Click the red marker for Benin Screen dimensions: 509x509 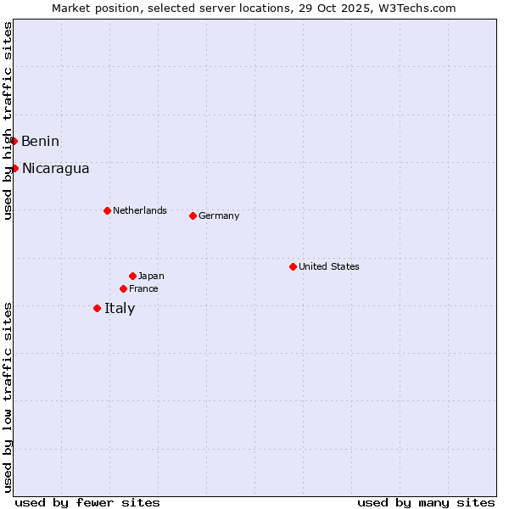(14, 141)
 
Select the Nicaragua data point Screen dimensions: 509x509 (14, 168)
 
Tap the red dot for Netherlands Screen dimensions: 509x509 (107, 210)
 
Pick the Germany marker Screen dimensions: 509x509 (193, 215)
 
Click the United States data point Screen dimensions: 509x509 (293, 266)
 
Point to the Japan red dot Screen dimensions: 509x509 (132, 276)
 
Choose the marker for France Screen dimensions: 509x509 (123, 288)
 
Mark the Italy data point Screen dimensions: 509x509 (97, 308)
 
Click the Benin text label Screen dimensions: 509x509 (40, 141)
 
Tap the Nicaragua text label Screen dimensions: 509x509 (55, 168)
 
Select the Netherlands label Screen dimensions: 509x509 (139, 210)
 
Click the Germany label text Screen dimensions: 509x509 (219, 215)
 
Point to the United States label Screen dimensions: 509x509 (328, 266)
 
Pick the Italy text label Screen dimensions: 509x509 (120, 308)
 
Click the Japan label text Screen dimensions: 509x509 (151, 276)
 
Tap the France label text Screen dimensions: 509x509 (143, 288)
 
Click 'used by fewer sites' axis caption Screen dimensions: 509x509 (87, 502)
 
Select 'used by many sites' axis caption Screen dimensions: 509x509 (426, 502)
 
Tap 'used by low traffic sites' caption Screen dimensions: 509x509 (8, 397)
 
